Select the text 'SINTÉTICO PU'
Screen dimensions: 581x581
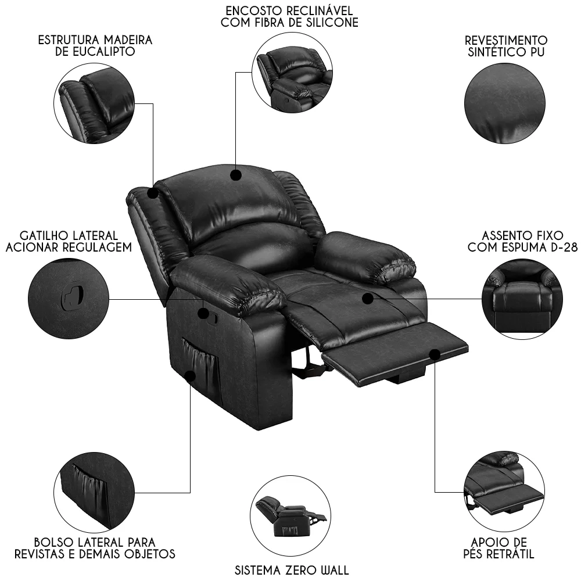506,52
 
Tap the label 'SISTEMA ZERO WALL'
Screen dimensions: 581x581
292,570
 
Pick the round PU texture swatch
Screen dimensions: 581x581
505,103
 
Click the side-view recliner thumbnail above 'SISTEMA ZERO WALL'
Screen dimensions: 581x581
290,517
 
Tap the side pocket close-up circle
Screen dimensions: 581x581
94,492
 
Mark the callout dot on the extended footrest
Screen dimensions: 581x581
435,354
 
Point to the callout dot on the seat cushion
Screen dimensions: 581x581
368,298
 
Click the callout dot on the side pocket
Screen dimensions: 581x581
190,376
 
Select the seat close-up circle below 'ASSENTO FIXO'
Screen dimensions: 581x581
522,299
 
